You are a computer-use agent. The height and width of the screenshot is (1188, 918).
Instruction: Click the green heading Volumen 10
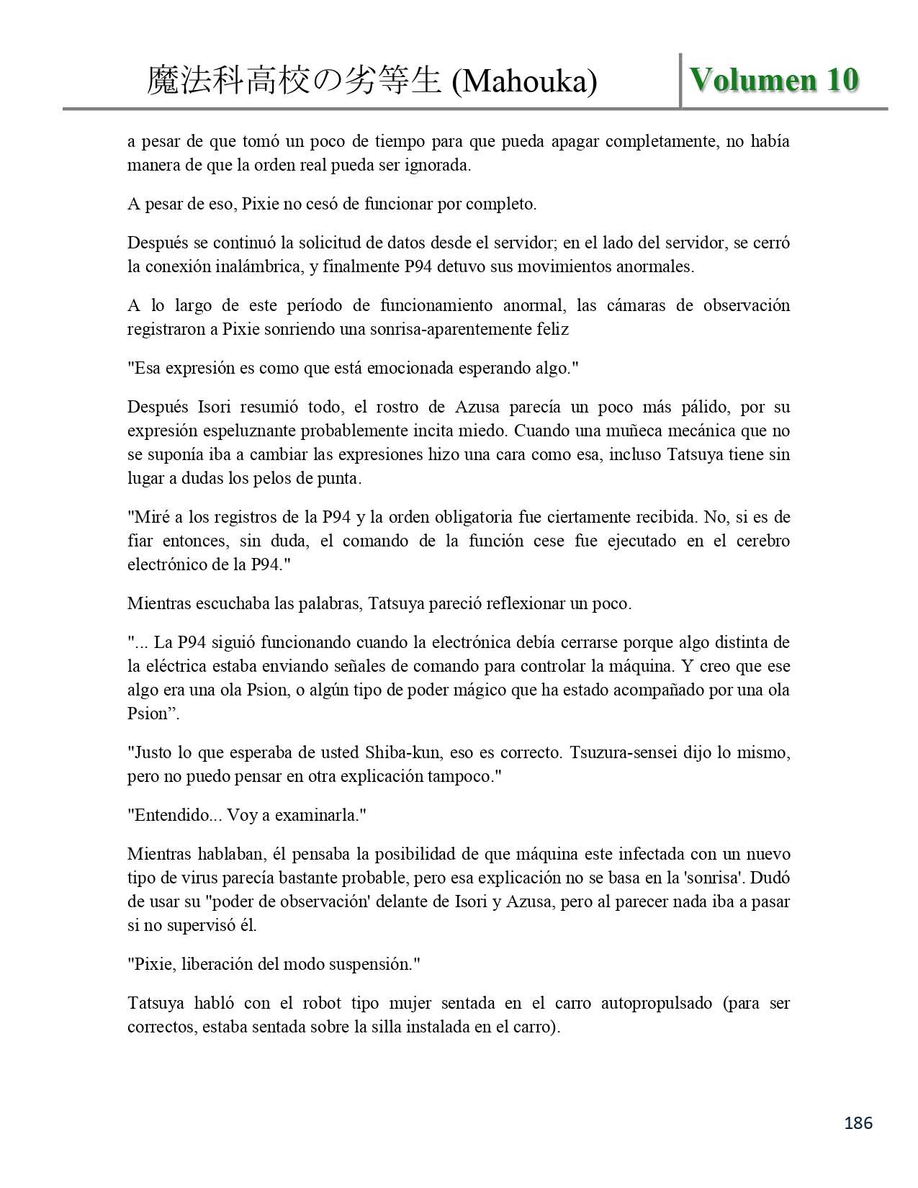[x=774, y=79]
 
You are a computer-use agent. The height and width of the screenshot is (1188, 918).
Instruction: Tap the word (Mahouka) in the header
[x=524, y=81]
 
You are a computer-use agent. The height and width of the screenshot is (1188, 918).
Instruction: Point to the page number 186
[x=858, y=1122]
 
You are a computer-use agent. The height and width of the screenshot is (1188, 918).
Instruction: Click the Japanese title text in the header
[x=293, y=81]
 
